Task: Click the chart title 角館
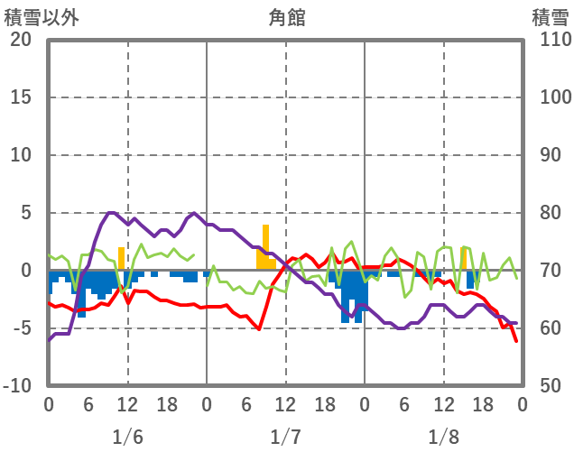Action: click(x=286, y=17)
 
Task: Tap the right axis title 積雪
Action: click(x=549, y=17)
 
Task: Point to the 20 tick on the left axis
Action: click(x=21, y=40)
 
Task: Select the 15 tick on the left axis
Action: click(x=21, y=97)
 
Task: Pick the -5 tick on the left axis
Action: click(x=21, y=328)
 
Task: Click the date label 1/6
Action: click(x=127, y=438)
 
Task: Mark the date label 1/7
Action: click(x=286, y=438)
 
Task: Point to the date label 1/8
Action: click(x=444, y=438)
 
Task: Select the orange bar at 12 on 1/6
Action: click(x=122, y=258)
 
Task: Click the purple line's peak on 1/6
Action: click(x=110, y=213)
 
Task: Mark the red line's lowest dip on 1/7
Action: click(x=259, y=329)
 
